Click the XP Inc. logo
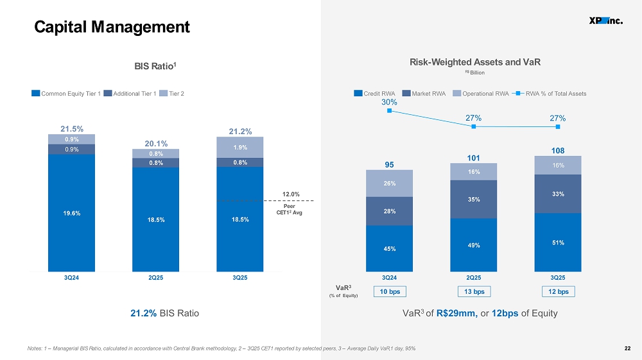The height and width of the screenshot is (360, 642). tap(606, 21)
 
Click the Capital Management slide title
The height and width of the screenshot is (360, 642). tap(112, 27)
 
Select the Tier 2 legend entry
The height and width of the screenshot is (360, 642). tap(171, 93)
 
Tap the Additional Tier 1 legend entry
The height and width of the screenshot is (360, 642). tap(130, 93)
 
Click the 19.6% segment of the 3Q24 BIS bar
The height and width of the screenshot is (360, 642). tap(72, 213)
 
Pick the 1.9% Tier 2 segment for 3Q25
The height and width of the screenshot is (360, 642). tap(240, 148)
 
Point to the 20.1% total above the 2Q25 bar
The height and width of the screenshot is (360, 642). tap(156, 144)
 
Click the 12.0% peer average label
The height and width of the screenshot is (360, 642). tap(291, 194)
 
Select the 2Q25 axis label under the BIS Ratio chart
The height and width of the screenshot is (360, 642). tap(155, 277)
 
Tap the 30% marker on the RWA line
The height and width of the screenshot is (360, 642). tap(390, 111)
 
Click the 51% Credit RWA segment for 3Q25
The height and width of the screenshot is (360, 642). tap(558, 242)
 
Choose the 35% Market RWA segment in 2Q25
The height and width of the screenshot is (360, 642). tap(474, 199)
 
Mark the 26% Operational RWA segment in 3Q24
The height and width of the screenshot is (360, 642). tap(390, 184)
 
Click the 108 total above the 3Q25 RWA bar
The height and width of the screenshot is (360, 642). tap(558, 151)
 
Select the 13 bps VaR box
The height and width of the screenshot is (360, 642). tap(474, 292)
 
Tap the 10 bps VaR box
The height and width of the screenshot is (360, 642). tap(390, 292)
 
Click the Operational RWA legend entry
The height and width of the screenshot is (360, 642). tap(481, 93)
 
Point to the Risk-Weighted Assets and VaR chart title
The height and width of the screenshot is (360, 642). tap(475, 62)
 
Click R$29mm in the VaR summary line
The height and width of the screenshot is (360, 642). tap(457, 313)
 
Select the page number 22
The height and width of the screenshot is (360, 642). tap(627, 348)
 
